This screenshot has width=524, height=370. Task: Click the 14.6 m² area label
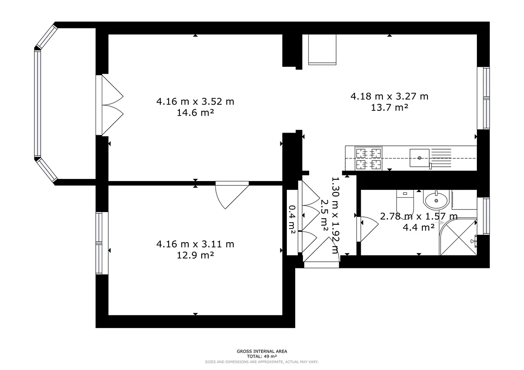[x=195, y=113]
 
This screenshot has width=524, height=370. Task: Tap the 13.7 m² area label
[x=390, y=107]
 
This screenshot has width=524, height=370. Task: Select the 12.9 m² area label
[x=195, y=255]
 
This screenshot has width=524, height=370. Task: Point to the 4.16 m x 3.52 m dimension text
[x=195, y=102]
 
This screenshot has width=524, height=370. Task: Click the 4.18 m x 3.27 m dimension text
[x=390, y=96]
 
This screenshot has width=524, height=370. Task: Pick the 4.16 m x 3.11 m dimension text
[x=195, y=244]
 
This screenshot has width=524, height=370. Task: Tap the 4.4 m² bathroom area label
[x=419, y=227]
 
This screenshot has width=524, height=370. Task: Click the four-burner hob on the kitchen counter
[x=369, y=158]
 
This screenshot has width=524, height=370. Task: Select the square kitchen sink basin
[x=420, y=158]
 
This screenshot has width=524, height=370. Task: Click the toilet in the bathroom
[x=405, y=204]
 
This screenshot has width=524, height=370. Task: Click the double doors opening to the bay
[x=110, y=105]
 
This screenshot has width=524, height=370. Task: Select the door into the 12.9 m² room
[x=232, y=195]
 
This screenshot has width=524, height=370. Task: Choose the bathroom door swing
[x=367, y=229]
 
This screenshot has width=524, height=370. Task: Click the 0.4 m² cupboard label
[x=292, y=219]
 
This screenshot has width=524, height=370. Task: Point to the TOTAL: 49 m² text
[x=262, y=356]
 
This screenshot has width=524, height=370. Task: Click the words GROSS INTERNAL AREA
[x=262, y=351]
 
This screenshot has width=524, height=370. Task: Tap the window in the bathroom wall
[x=483, y=216]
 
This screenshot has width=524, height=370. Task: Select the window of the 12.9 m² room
[x=102, y=243]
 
